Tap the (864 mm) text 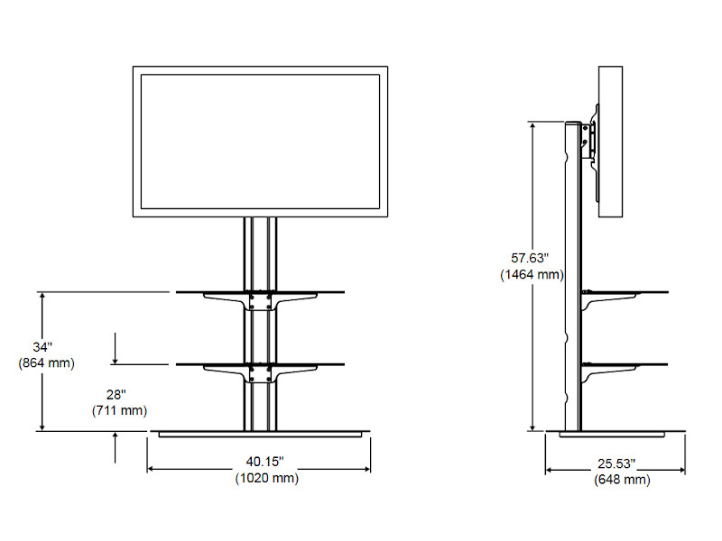[45, 362]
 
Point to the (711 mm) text [118, 411]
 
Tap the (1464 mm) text [532, 274]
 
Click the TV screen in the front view [259, 141]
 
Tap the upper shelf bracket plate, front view [259, 300]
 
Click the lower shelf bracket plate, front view [259, 373]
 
